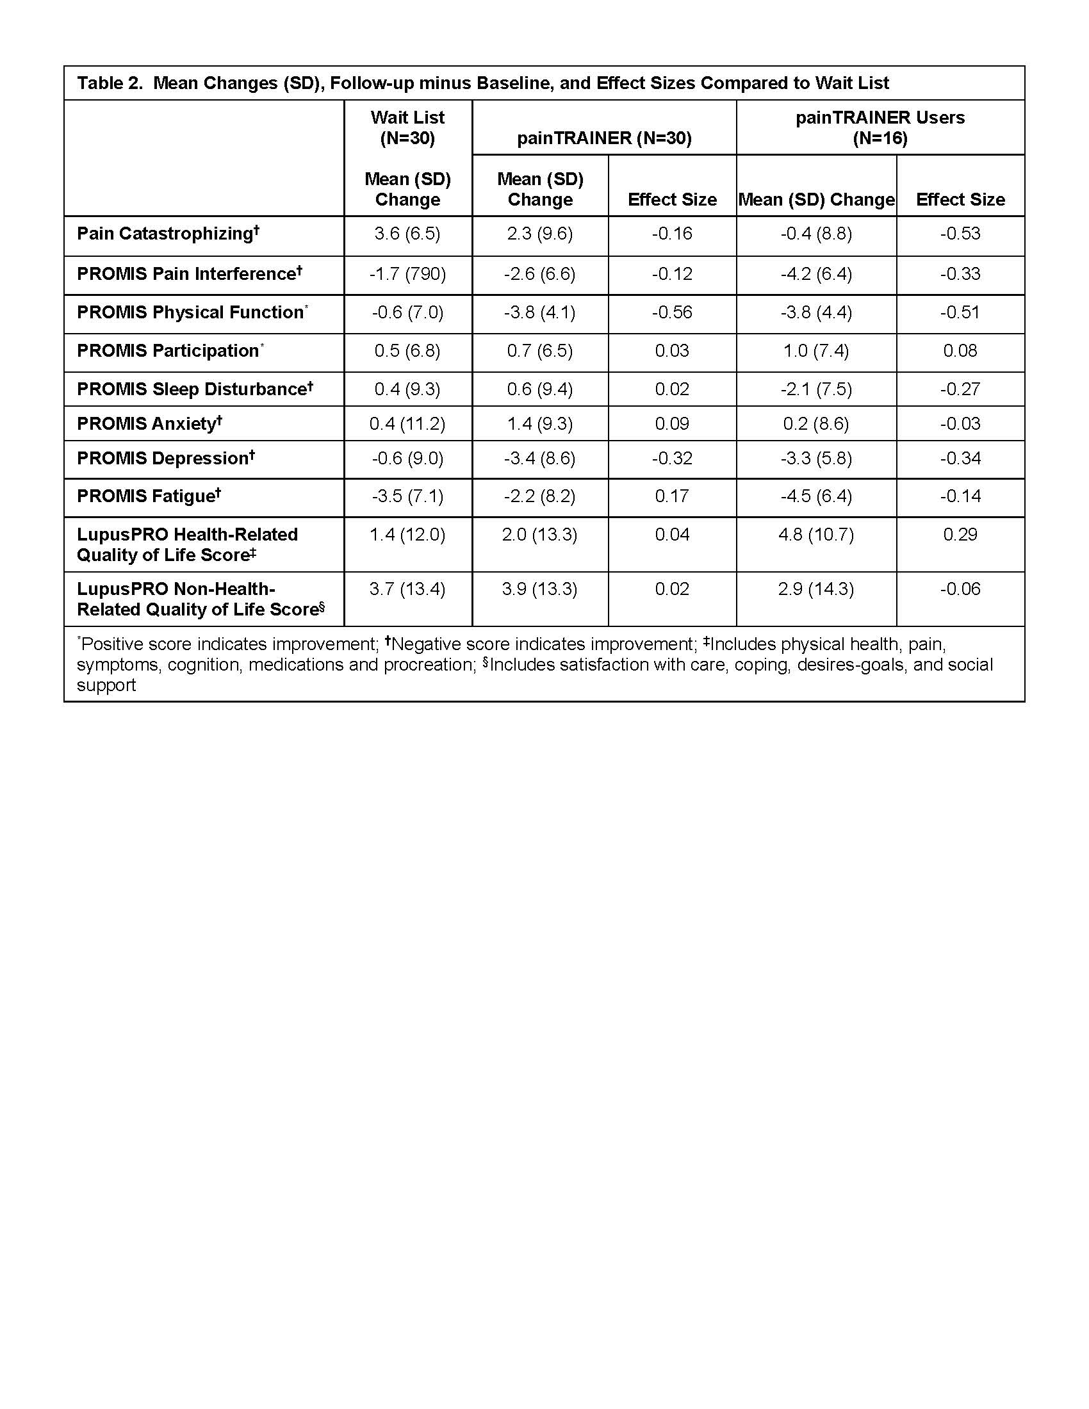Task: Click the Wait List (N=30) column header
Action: click(x=407, y=127)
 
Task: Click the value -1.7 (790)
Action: click(x=407, y=274)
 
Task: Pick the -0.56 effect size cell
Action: click(x=671, y=313)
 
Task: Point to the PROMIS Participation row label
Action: click(x=170, y=351)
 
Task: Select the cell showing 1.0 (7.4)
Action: click(x=815, y=351)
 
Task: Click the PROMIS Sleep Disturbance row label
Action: click(x=194, y=389)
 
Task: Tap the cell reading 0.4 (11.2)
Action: click(x=407, y=424)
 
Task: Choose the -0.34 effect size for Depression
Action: click(x=960, y=459)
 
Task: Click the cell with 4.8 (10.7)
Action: click(x=815, y=535)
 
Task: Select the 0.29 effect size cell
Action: click(x=960, y=535)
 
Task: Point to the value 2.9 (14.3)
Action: click(x=815, y=589)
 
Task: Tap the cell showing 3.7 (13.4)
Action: click(x=407, y=589)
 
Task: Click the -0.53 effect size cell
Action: click(x=960, y=234)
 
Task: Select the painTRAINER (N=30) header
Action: click(x=604, y=138)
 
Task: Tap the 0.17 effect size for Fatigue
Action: click(x=671, y=496)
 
